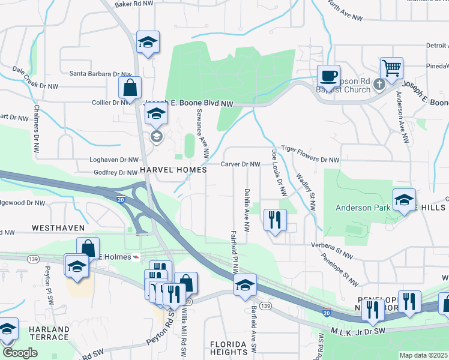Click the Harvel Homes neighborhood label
pos(173,170)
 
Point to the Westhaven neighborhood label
pos(57,229)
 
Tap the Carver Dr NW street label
pos(240,164)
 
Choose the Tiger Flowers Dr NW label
pos(310,160)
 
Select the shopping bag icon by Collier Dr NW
pos(130,88)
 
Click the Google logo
pos(20,353)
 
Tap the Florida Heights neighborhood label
pos(229,348)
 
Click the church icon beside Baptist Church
pos(379,83)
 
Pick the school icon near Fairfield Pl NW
pos(245,286)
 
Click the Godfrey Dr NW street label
pos(116,173)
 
